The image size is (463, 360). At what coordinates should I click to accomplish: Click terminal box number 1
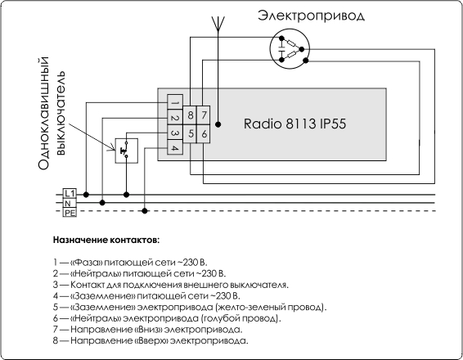[x=175, y=102]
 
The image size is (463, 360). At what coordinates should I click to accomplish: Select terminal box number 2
[x=175, y=117]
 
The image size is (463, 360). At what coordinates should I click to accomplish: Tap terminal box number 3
[x=175, y=133]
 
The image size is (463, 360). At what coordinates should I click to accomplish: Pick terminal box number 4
[x=175, y=147]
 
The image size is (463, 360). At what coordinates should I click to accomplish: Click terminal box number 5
[x=190, y=134]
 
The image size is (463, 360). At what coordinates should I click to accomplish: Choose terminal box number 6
[x=203, y=134]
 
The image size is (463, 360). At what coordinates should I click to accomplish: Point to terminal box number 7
[x=203, y=115]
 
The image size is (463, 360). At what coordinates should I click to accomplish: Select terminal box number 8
[x=190, y=115]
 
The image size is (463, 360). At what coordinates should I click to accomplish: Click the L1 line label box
[x=70, y=193]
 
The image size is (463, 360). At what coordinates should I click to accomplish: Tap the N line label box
[x=70, y=203]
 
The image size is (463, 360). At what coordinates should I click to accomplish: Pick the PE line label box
[x=70, y=213]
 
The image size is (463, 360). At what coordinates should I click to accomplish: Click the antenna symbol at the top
[x=218, y=24]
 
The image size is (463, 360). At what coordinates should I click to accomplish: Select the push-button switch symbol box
[x=126, y=151]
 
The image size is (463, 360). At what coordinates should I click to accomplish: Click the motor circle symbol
[x=290, y=49]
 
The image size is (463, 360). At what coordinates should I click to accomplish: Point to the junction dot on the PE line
[x=145, y=211]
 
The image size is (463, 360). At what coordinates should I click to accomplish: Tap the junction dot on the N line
[x=102, y=203]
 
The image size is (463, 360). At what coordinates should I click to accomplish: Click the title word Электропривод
[x=311, y=16]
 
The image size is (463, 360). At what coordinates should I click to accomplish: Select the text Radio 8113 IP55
[x=294, y=124]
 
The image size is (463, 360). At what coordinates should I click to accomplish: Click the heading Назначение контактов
[x=106, y=240]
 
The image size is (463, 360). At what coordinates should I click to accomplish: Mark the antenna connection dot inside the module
[x=218, y=124]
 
